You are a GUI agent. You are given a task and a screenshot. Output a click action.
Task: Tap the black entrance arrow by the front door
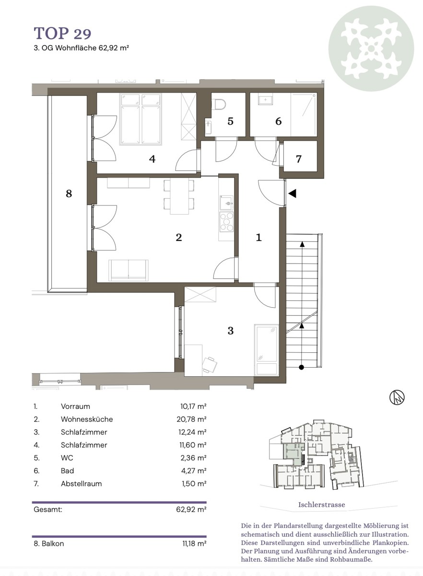tap(292, 193)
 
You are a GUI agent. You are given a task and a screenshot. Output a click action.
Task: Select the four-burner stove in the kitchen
tap(226, 222)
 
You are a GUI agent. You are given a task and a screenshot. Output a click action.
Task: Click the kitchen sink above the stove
tap(226, 203)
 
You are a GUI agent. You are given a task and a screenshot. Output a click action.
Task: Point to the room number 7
tap(298, 159)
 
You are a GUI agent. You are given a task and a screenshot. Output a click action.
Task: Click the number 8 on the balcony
tap(69, 193)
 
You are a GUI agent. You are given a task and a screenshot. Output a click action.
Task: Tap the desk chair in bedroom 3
tap(210, 365)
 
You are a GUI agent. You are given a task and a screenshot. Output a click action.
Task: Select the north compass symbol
tap(397, 397)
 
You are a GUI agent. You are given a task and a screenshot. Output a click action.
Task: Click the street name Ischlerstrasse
tap(321, 504)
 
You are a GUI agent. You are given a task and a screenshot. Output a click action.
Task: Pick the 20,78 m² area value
tap(191, 419)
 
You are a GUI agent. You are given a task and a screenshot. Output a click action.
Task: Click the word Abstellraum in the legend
tap(81, 483)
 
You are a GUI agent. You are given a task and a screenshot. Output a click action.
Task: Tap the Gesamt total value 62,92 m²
tap(191, 509)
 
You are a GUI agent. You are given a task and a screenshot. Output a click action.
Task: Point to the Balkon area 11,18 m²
tap(195, 543)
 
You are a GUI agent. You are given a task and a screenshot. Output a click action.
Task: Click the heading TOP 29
tap(62, 33)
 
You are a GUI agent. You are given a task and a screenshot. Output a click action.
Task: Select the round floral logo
tap(371, 48)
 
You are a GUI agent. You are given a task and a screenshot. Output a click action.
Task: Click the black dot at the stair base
tap(302, 367)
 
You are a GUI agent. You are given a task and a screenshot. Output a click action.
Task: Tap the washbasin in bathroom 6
tap(266, 99)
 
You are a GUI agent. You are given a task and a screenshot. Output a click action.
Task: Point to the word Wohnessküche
tap(87, 419)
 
